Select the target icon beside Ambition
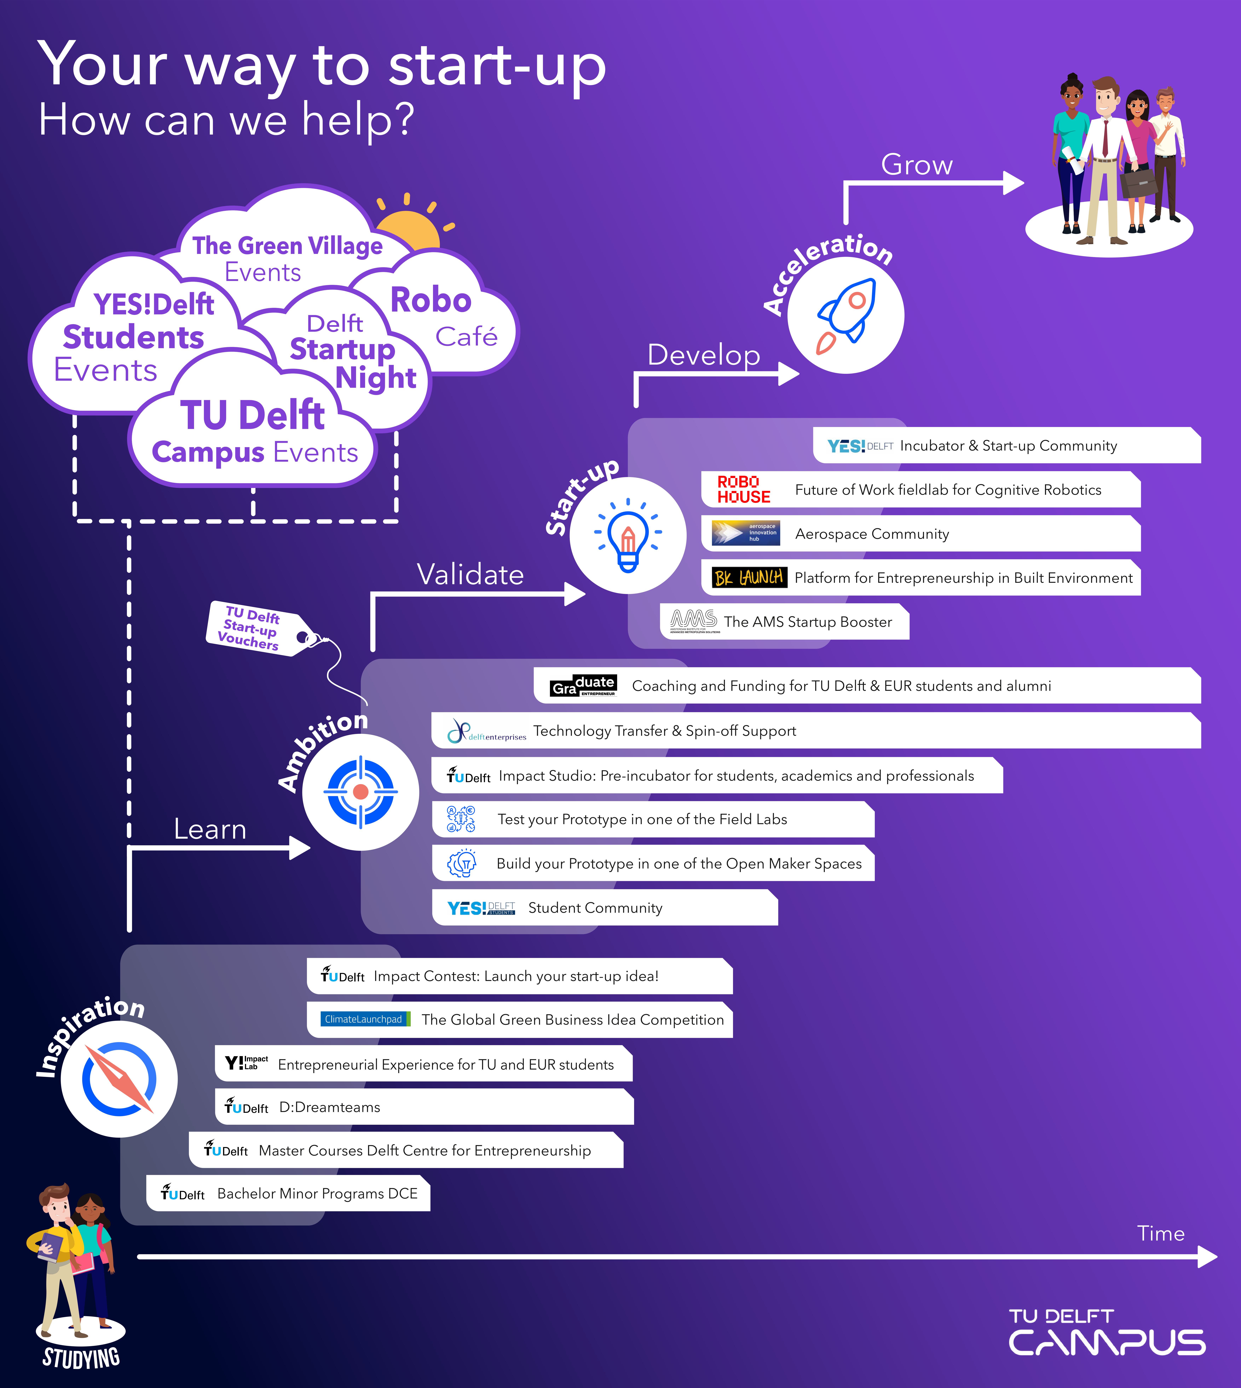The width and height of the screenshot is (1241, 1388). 361,791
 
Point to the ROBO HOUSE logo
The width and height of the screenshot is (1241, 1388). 743,489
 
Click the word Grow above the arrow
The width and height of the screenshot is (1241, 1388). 916,165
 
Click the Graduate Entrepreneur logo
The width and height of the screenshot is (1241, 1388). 584,685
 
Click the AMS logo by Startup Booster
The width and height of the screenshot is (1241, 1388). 693,621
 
